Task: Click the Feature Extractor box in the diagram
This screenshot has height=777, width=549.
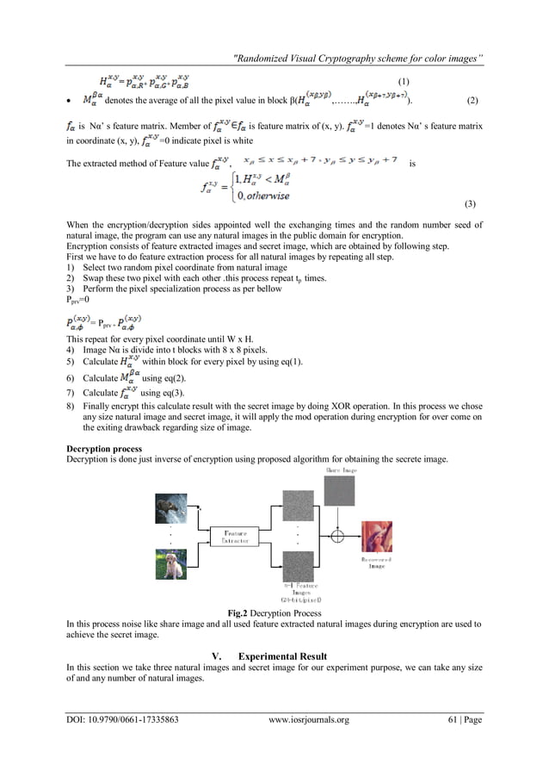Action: [235, 538]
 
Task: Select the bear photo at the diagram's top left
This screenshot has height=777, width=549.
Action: [170, 509]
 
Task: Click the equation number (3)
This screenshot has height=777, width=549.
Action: [469, 204]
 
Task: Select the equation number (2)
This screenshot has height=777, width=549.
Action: [472, 101]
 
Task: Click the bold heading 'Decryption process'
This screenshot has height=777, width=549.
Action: [104, 449]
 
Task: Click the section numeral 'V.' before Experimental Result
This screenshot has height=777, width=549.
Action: [217, 656]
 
